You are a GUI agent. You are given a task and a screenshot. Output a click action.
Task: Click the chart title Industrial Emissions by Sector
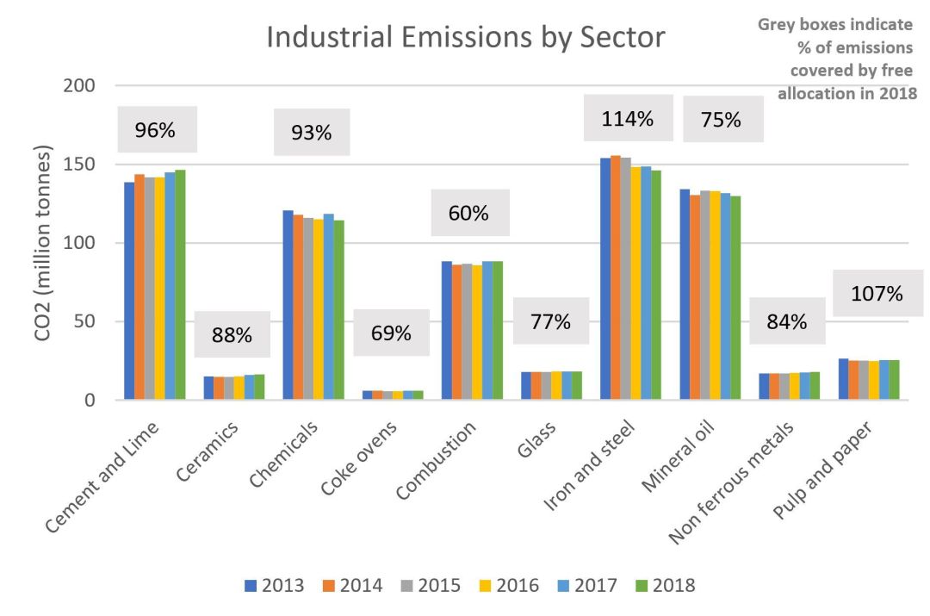[x=465, y=38]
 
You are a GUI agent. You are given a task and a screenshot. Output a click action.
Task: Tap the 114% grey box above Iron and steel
[x=628, y=119]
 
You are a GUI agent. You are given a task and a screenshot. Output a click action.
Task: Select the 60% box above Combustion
[x=468, y=214]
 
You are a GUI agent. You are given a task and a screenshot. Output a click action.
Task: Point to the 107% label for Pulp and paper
[x=877, y=294]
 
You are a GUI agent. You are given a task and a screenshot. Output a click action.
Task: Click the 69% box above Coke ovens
[x=391, y=333]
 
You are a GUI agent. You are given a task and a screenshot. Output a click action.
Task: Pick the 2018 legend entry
[x=664, y=586]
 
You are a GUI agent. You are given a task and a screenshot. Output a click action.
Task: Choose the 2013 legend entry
[x=274, y=586]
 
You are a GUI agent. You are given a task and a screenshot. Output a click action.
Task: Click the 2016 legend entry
[x=508, y=586]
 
